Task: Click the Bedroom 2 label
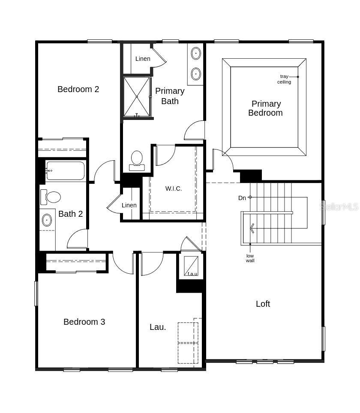point(78,89)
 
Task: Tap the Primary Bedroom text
point(266,108)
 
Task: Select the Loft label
point(263,304)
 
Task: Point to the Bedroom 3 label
point(84,322)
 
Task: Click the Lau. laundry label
point(158,327)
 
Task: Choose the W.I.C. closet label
point(174,189)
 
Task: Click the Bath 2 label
point(70,214)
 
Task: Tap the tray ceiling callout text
point(284,79)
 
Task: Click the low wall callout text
point(250,258)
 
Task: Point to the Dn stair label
point(242,198)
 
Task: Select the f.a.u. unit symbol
point(192,266)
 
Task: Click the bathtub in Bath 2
point(65,171)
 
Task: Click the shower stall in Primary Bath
point(137,97)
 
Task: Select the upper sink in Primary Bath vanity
point(196,54)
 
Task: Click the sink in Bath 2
point(47,220)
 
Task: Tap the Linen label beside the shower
point(143,59)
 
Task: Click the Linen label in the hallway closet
point(129,205)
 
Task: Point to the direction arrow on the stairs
point(252,228)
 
